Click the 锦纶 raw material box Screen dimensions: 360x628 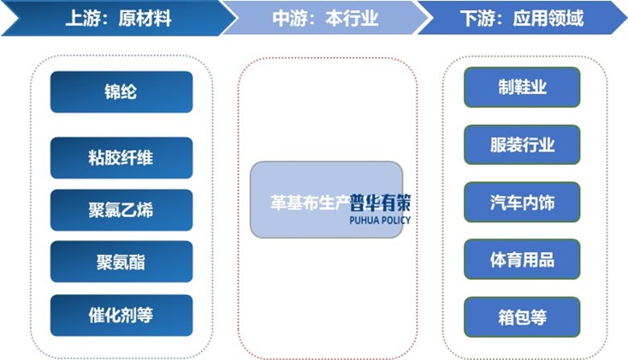tap(121, 91)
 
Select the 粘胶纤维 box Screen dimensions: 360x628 tap(121, 157)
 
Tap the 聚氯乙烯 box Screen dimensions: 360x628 tap(121, 210)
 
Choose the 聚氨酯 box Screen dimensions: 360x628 tap(121, 262)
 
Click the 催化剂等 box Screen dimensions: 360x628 tap(121, 315)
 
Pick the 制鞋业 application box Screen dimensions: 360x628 tap(522, 87)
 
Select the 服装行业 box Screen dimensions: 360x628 tap(522, 145)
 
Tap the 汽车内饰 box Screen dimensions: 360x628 tap(522, 202)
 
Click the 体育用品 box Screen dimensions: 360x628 tap(522, 259)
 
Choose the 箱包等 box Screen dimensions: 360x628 tap(522, 316)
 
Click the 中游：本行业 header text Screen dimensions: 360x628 tap(325, 19)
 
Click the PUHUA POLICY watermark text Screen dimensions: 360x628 tap(380, 220)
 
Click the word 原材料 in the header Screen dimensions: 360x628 tap(145, 19)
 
